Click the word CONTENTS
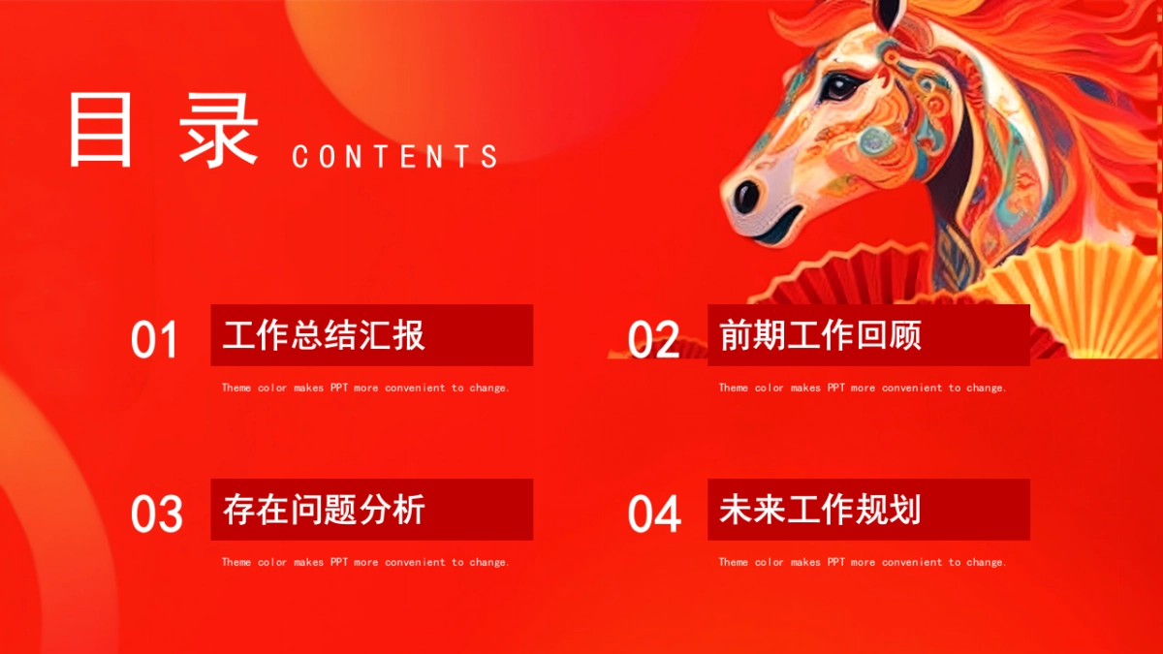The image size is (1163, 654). (x=394, y=156)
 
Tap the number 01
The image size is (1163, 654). (x=155, y=341)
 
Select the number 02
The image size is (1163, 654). (x=653, y=341)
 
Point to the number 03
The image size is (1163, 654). (x=156, y=514)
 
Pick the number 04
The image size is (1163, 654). (x=654, y=514)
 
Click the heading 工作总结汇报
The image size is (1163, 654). (x=324, y=335)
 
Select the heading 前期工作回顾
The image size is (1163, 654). (x=820, y=335)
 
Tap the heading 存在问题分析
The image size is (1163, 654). (x=324, y=510)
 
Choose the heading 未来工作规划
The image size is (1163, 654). (x=820, y=510)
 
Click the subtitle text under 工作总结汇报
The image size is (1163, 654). (x=365, y=388)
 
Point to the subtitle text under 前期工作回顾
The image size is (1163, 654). (x=863, y=388)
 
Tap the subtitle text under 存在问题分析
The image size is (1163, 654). (x=365, y=562)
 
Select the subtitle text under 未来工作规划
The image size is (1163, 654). (x=863, y=562)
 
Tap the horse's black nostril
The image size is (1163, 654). (x=746, y=197)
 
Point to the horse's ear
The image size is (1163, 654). (x=889, y=12)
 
